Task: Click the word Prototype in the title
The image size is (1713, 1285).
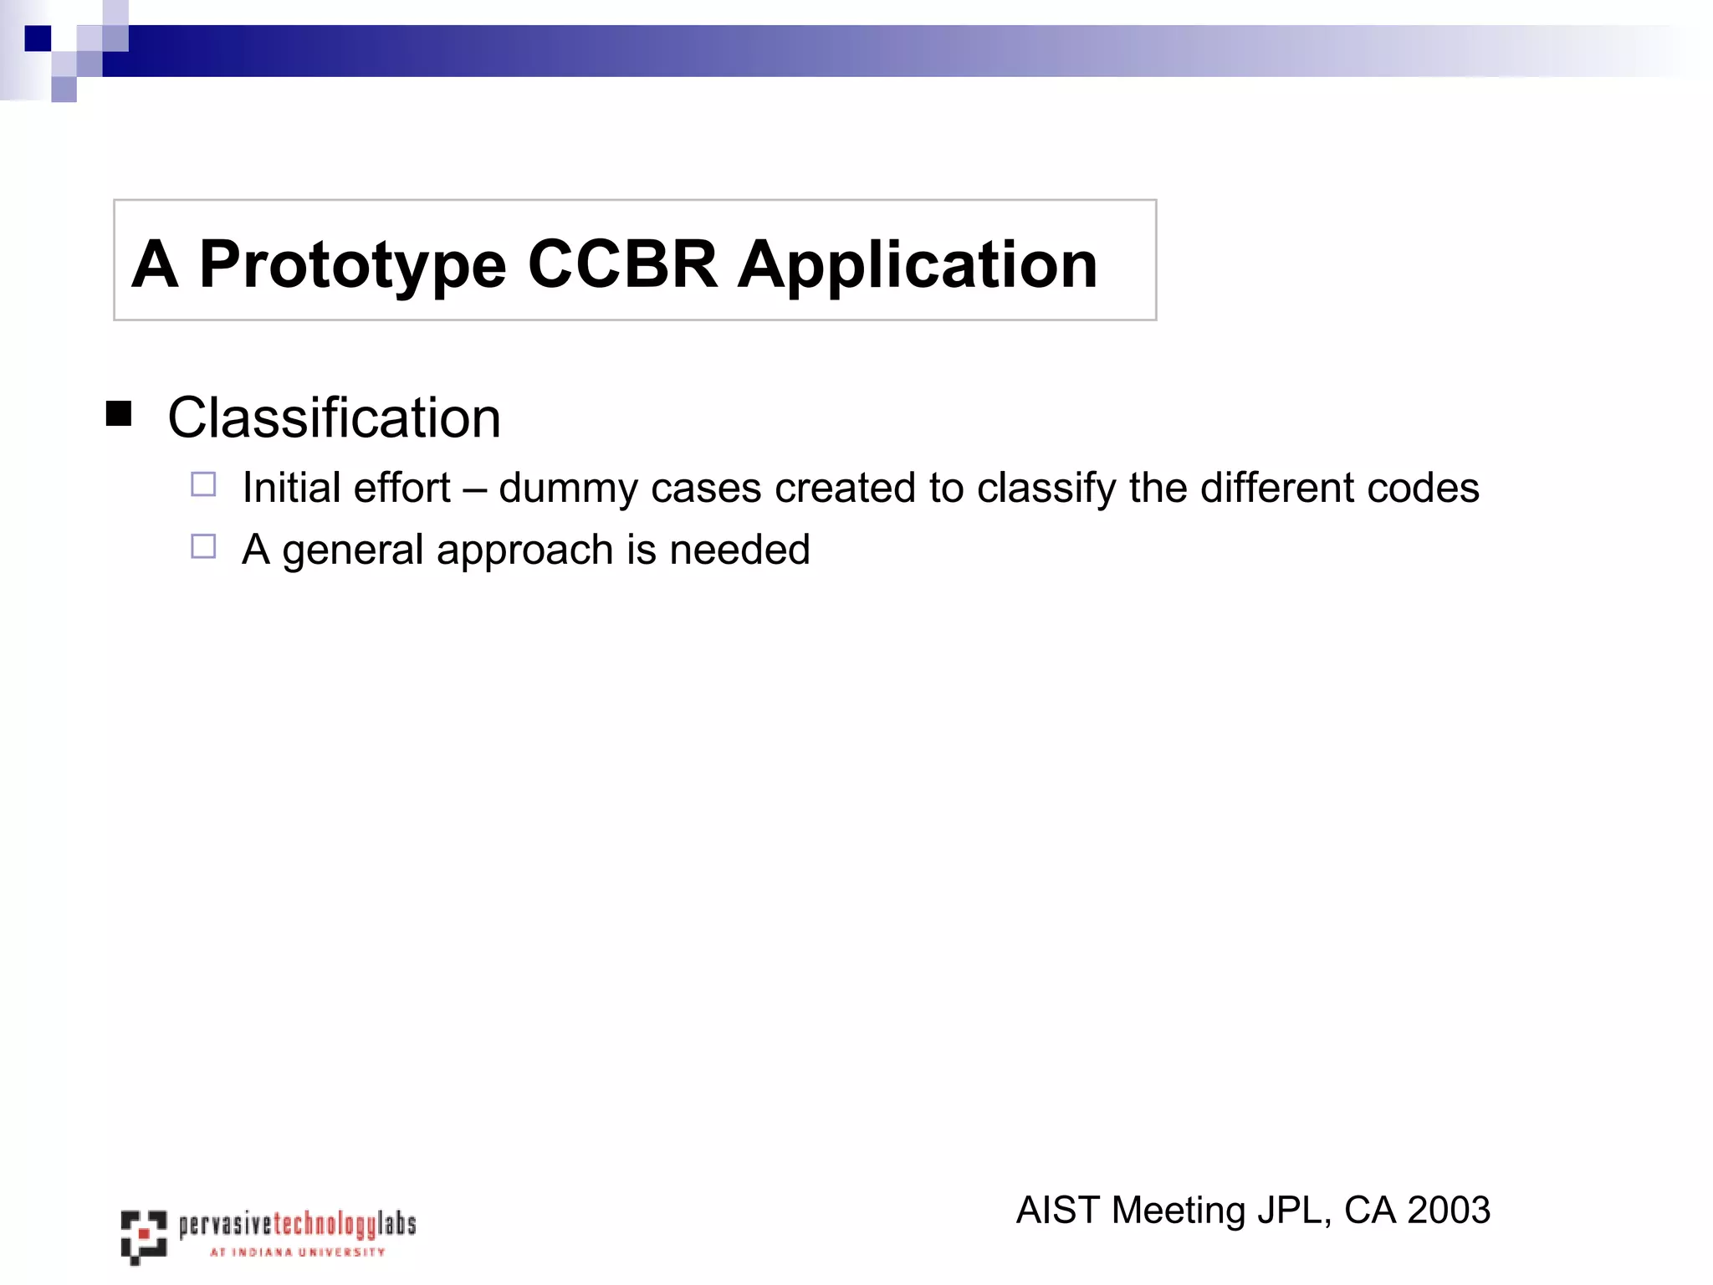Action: [x=352, y=266]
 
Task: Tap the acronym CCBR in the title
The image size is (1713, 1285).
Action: [x=622, y=264]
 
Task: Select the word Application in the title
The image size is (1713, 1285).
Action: [x=917, y=266]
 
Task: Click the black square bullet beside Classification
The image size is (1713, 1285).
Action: [x=119, y=414]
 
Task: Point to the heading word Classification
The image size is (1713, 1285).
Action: [x=334, y=417]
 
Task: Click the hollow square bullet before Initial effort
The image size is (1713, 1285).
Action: [x=203, y=484]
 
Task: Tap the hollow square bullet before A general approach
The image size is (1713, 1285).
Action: [x=203, y=546]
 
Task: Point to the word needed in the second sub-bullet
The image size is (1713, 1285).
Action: [x=739, y=550]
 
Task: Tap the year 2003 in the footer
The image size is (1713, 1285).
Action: [x=1448, y=1211]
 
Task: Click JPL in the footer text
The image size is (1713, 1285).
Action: [x=1294, y=1211]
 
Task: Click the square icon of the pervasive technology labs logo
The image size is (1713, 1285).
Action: [x=143, y=1236]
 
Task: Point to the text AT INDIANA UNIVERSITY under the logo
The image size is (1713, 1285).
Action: [x=297, y=1252]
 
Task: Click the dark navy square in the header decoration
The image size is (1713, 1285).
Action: [x=38, y=38]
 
